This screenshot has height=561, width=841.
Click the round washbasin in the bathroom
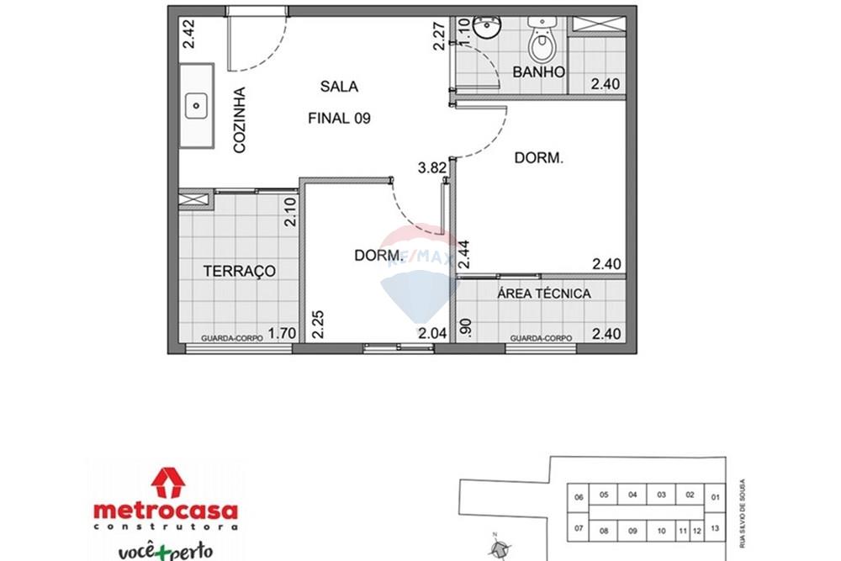[x=485, y=30]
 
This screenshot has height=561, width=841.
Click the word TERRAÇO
[x=240, y=271]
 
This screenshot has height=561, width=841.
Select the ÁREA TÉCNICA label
[x=543, y=294]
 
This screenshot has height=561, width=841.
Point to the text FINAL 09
[x=340, y=119]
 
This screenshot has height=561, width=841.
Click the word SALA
[x=339, y=86]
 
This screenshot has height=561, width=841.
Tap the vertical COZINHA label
[x=240, y=120]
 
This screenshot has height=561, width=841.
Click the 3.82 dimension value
[x=431, y=167]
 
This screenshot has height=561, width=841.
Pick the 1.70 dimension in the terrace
[x=282, y=333]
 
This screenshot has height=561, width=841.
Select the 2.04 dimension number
[x=432, y=333]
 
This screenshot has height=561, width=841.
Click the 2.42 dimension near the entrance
[x=189, y=36]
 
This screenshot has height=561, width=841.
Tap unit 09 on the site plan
[x=633, y=532]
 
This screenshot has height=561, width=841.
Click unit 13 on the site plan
[x=715, y=529]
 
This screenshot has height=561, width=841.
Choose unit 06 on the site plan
[x=578, y=497]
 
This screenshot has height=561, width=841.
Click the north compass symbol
[x=500, y=548]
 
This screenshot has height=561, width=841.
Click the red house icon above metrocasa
[x=167, y=483]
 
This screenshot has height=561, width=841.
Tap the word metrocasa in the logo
[x=165, y=511]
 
